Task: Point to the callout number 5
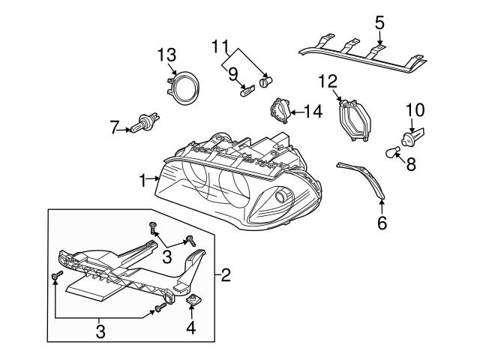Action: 379,22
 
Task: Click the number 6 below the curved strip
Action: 382,223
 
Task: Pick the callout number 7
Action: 115,128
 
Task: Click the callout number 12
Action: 328,80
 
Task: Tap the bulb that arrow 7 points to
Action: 142,125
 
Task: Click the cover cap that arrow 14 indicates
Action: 280,111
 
